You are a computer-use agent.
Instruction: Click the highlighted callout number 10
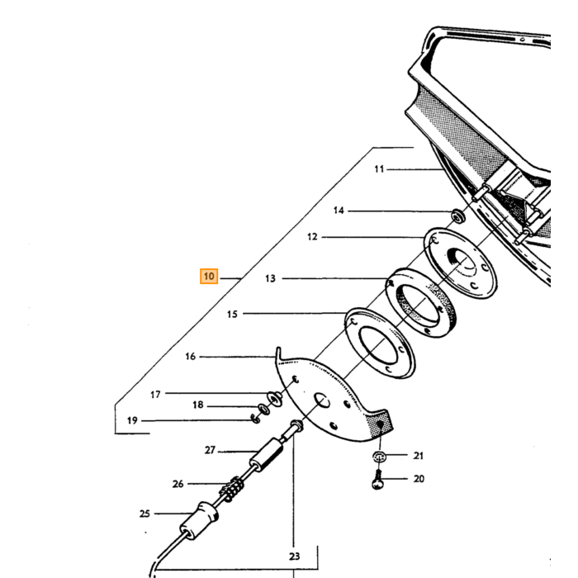(x=209, y=277)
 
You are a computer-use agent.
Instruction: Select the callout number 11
(x=379, y=169)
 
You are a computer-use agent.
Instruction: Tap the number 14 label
(x=339, y=211)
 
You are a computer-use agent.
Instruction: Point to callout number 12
(x=312, y=237)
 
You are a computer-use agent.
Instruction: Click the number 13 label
(x=270, y=279)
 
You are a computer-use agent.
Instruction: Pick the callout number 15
(x=232, y=315)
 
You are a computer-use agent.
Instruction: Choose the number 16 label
(x=190, y=357)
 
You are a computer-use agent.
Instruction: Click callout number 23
(x=294, y=557)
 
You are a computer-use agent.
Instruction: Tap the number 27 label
(x=210, y=450)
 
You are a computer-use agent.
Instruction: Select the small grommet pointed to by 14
(x=458, y=216)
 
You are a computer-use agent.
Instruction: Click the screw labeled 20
(x=377, y=480)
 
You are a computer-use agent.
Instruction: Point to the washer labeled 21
(x=379, y=457)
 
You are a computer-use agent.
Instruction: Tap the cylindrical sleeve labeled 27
(x=267, y=454)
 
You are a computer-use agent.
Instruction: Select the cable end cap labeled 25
(x=199, y=520)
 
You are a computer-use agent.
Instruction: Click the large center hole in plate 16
(x=322, y=400)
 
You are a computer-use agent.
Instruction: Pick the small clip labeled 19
(x=255, y=419)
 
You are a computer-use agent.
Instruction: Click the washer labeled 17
(x=275, y=398)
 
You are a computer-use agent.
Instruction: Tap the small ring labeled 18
(x=263, y=409)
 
